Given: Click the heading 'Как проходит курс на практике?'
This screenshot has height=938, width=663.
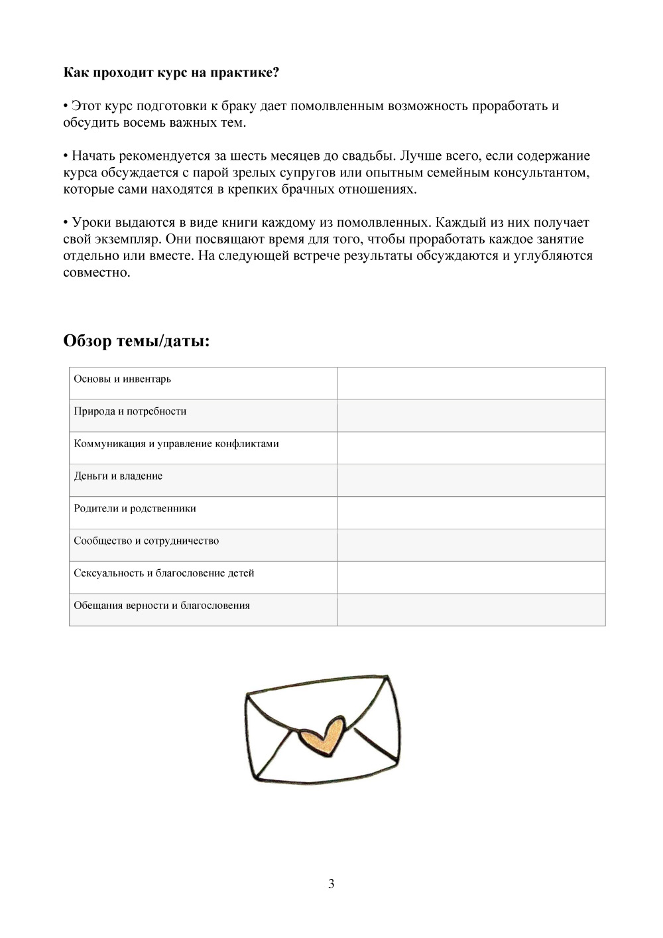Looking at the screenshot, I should [x=171, y=72].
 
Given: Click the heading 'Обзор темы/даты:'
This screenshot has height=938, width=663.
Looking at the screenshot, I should [x=137, y=341].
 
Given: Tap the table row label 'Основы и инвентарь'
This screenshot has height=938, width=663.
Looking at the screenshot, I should [x=123, y=379].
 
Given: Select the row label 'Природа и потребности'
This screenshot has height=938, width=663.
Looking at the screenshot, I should [x=130, y=411].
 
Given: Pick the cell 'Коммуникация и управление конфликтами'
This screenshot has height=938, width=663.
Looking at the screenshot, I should [x=176, y=444].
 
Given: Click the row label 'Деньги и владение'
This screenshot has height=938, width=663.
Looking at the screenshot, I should [x=118, y=476].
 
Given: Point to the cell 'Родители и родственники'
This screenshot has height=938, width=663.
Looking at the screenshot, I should [x=135, y=509].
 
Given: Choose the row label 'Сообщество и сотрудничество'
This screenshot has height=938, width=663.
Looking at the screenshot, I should [x=146, y=541].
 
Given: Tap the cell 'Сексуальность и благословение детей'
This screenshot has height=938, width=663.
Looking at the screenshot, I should [x=164, y=573].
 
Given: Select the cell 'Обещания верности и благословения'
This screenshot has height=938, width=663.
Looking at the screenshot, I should [x=162, y=606].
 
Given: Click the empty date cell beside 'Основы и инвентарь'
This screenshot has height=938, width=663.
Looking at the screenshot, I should [x=471, y=383].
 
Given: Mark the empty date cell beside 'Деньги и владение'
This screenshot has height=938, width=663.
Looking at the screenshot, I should [x=471, y=480].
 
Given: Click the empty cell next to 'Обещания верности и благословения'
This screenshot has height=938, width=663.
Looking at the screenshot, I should [x=471, y=609].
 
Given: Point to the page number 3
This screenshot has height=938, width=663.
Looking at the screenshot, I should [x=331, y=884].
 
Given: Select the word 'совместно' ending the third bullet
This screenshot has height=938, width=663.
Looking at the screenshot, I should [x=96, y=273].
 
